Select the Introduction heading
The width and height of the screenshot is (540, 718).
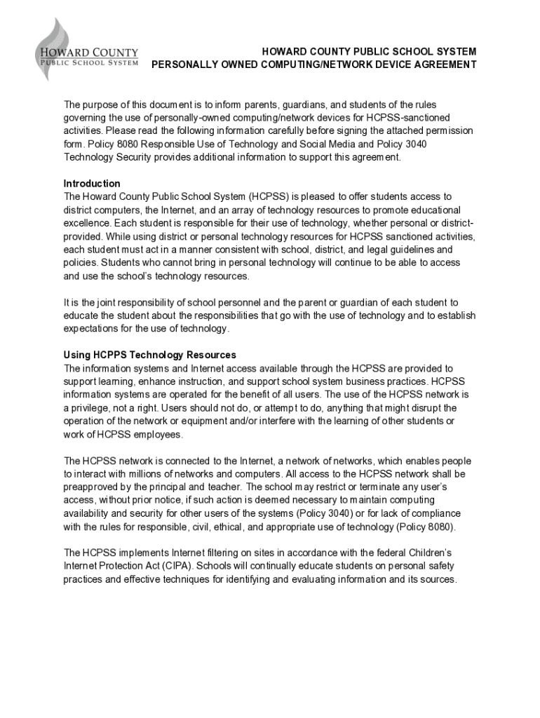[92, 184]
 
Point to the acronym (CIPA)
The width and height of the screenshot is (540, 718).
[180, 567]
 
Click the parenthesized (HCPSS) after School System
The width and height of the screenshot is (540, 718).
[269, 197]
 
